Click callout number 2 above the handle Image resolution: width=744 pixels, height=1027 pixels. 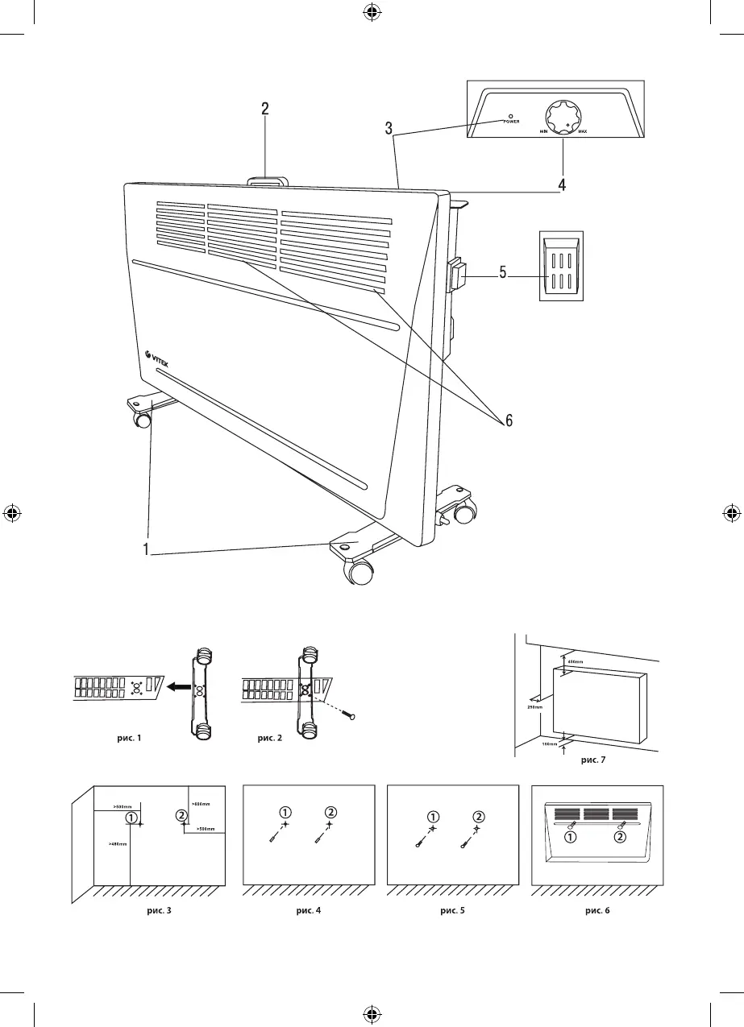coord(265,110)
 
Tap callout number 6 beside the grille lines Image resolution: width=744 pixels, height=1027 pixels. coord(509,421)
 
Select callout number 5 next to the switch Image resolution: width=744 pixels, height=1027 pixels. coord(502,273)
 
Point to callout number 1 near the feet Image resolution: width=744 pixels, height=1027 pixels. coord(146,550)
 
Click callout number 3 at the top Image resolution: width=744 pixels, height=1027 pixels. coord(389,127)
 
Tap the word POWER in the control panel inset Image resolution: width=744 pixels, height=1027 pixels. coord(511,122)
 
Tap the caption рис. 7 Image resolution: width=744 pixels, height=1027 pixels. coord(595,759)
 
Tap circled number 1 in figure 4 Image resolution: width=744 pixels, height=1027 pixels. coord(286,810)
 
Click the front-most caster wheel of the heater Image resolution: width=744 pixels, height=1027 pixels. coord(361,573)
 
